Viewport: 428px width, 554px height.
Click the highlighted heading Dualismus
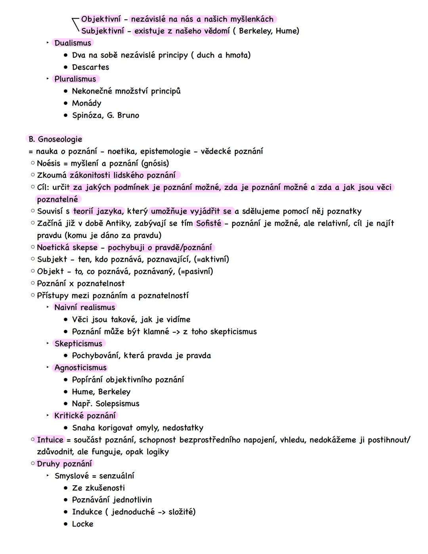coord(73,43)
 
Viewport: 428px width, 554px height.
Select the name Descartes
coord(90,67)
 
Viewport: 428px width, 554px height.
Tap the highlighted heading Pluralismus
coord(75,79)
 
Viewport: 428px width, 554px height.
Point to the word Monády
coord(87,103)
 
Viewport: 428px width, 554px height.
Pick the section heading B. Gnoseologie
coord(55,139)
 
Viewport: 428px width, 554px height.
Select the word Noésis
coord(49,163)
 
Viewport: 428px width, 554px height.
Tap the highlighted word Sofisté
coord(209,223)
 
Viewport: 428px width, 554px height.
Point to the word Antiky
coord(119,223)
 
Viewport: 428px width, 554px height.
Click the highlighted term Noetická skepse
coord(67,247)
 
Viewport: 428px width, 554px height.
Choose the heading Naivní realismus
coord(85,307)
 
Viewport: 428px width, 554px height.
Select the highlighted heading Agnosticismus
coord(81,368)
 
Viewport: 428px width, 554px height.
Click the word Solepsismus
coord(117,404)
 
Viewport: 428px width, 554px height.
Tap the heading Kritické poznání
coord(85,416)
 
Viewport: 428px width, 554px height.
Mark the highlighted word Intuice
coord(50,440)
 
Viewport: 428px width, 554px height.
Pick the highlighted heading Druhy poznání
coord(64,464)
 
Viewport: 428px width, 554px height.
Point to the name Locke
coord(83,524)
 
